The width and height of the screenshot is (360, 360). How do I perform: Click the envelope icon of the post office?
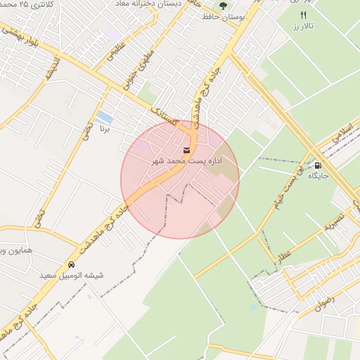tap(186, 150)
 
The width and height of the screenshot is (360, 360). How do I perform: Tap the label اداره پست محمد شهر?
tap(187, 161)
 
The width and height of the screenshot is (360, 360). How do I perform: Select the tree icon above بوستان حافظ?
tap(223, 6)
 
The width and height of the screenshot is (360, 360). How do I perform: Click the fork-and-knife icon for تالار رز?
tap(303, 15)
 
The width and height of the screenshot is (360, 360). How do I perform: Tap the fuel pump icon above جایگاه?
tap(317, 165)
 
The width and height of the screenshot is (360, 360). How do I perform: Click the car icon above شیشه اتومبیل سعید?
tap(72, 264)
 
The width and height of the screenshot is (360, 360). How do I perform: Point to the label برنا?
tap(104, 130)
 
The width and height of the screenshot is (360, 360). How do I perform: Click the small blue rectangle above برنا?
tap(105, 117)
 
